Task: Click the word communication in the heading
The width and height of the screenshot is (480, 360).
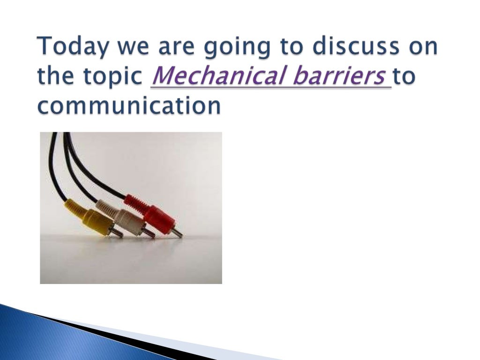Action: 129,106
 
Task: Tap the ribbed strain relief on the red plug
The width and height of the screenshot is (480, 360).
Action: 135,204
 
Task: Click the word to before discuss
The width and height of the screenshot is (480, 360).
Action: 281,48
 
